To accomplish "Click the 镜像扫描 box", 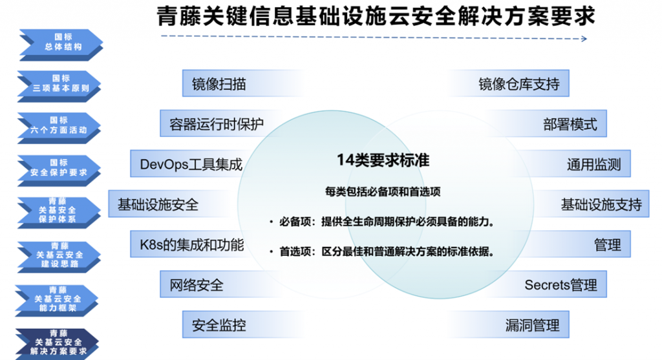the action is tap(243, 83).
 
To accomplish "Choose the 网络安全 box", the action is tap(222, 284).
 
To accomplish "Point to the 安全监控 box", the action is tap(243, 324).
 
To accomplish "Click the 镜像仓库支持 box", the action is tap(508, 83).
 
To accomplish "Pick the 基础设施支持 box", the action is tap(591, 204).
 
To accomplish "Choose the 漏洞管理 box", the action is tap(508, 324).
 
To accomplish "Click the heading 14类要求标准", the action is tap(383, 160).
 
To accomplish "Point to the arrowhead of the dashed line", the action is tap(584, 39).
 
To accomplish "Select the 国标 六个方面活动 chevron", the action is tap(59, 128).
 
